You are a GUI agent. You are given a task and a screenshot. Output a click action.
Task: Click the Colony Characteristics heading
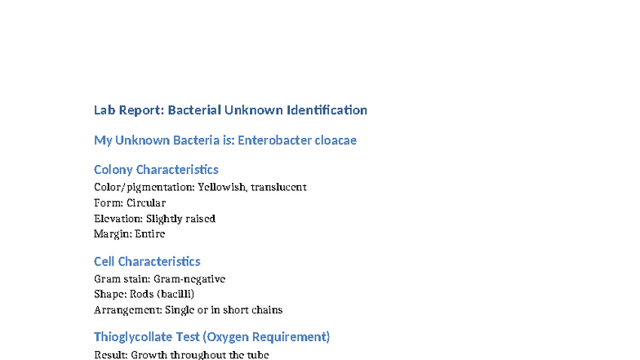(x=156, y=170)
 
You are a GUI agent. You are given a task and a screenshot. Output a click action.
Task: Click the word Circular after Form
(x=146, y=202)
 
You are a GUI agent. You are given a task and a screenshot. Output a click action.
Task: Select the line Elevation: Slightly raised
(x=154, y=218)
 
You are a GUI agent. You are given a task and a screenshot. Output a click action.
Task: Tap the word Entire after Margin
(x=150, y=233)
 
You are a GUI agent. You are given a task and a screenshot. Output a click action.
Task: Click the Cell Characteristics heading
(x=147, y=262)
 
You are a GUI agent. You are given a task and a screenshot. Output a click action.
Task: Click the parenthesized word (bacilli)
(x=176, y=294)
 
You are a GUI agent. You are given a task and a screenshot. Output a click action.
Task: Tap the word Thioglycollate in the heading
(x=135, y=337)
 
